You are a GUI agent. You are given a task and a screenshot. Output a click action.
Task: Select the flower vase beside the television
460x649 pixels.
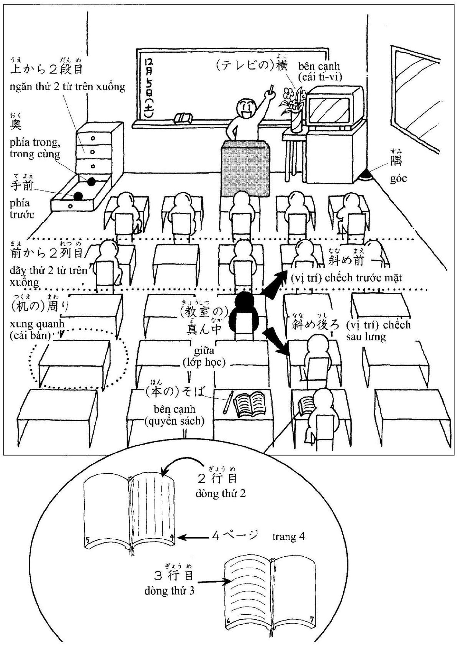point(295,123)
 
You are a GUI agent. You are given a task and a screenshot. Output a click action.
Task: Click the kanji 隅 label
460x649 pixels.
point(396,161)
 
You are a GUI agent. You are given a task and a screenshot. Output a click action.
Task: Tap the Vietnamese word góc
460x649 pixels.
point(398,179)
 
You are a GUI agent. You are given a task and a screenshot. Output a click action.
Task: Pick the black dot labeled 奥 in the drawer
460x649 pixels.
point(91,182)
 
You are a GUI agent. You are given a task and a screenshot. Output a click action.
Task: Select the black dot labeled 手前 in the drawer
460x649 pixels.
point(78,196)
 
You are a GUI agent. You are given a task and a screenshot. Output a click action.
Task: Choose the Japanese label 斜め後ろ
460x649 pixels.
point(315,325)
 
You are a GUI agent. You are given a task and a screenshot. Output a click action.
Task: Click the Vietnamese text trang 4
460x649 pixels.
point(289,537)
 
